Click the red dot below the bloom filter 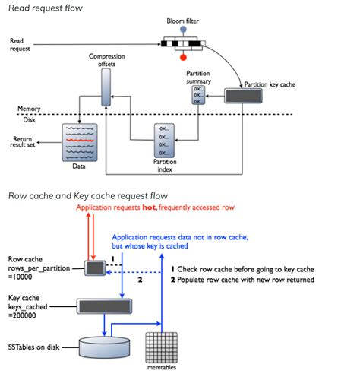click(182, 55)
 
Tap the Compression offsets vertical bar click(106, 91)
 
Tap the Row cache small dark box click(96, 268)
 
